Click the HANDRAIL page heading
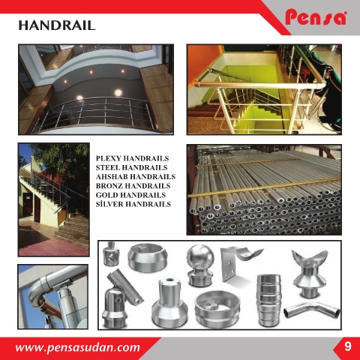coord(57,25)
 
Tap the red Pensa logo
coord(316,17)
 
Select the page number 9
coord(347,346)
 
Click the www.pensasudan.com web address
coord(77,347)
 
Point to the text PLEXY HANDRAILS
coord(132,158)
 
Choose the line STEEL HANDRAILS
coord(131,167)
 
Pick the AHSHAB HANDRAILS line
coord(136,177)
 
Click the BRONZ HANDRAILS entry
coord(133,186)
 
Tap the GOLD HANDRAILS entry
coord(130,195)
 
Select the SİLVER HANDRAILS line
coord(133,204)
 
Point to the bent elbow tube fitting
coord(312,310)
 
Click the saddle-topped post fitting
coord(310,273)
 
